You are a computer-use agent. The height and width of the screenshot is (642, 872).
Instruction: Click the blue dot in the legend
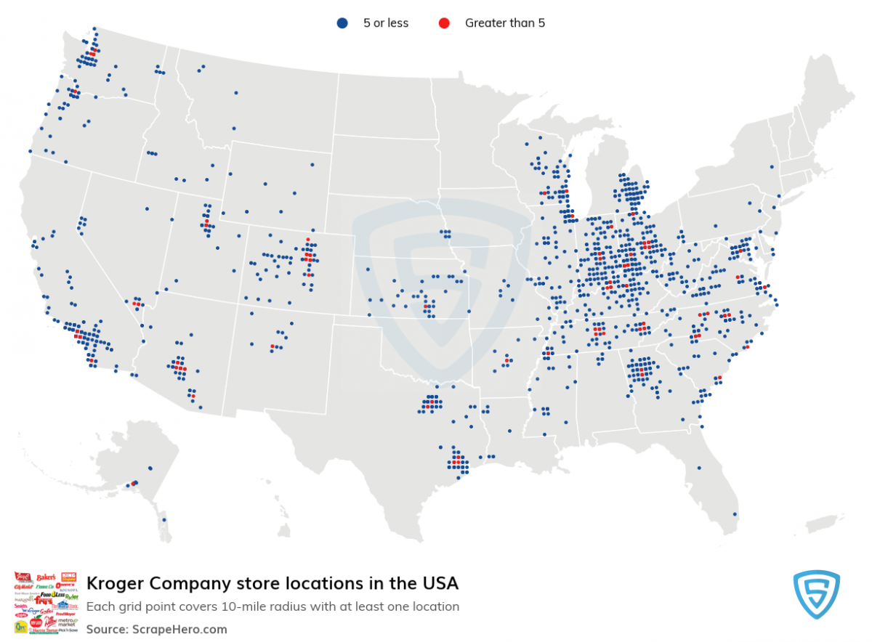[x=342, y=23]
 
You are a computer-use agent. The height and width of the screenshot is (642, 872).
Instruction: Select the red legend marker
[x=443, y=23]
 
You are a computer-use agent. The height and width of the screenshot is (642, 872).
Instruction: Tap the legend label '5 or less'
[x=386, y=23]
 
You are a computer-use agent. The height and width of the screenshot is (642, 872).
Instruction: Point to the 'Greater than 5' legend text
[x=505, y=23]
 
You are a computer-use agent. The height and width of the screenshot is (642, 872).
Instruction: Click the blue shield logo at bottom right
[x=816, y=595]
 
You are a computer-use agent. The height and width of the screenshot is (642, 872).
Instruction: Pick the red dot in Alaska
[x=133, y=484]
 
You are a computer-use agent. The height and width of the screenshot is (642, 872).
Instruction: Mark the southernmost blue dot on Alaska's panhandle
[x=164, y=520]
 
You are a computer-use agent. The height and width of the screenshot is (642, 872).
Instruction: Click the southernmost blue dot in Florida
[x=734, y=515]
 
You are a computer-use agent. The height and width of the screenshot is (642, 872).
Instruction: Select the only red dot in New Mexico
[x=272, y=346]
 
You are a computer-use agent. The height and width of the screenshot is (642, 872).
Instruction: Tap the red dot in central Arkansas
[x=506, y=360]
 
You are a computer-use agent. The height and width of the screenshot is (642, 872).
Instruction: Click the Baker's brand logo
[x=46, y=577]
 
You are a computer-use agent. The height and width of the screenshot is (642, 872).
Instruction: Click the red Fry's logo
[x=44, y=601]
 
